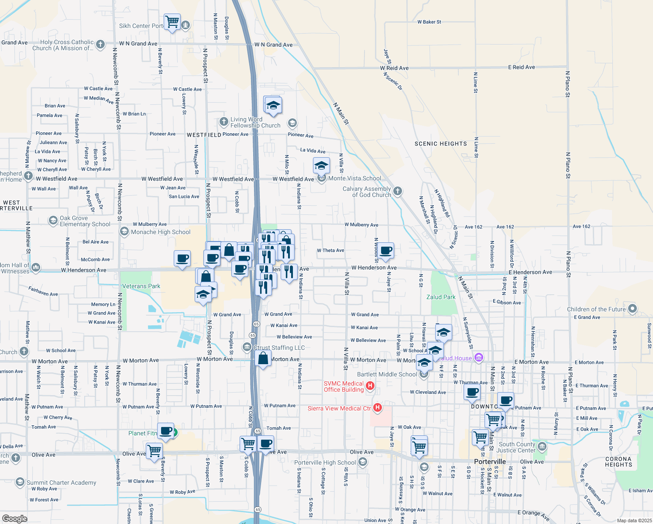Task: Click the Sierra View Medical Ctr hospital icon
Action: click(378, 408)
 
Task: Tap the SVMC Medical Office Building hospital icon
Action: click(370, 386)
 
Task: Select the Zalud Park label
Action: click(441, 297)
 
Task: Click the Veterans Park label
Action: click(141, 286)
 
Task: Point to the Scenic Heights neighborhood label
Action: click(440, 144)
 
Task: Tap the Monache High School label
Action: click(161, 232)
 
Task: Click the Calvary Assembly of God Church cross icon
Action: click(397, 191)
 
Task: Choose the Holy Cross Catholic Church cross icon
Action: click(100, 44)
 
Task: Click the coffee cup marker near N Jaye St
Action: click(386, 251)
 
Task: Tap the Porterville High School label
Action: click(325, 462)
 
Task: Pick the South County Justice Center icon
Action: click(542, 447)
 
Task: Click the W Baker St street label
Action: click(429, 22)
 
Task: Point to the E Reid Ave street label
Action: click(521, 67)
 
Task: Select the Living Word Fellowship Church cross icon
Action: click(223, 121)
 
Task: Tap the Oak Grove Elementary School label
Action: click(85, 221)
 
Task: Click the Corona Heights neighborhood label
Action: click(619, 462)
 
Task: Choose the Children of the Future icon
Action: click(632, 309)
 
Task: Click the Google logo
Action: click(14, 518)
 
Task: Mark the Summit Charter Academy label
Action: click(61, 483)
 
